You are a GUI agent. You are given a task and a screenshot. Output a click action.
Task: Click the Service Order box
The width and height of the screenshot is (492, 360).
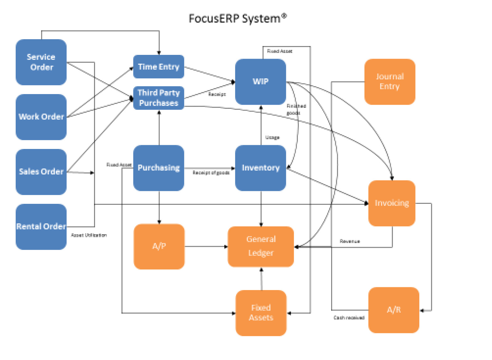[x=41, y=62]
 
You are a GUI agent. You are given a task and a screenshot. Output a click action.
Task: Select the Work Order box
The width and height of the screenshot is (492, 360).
[x=41, y=117]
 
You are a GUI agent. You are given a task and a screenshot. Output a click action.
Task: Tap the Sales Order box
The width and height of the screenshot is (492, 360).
[x=41, y=172]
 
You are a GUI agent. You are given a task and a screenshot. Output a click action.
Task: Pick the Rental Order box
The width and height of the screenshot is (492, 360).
[x=41, y=226]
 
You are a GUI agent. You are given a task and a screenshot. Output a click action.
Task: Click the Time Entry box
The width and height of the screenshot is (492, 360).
[x=159, y=66]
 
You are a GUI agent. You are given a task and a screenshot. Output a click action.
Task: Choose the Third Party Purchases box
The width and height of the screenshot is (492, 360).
[x=159, y=98]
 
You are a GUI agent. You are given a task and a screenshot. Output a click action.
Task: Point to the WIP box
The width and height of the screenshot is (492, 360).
[x=261, y=82]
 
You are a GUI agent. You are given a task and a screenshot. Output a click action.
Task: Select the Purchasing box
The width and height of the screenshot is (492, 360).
[x=159, y=168]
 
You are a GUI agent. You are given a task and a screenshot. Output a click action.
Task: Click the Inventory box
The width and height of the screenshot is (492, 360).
[x=261, y=168]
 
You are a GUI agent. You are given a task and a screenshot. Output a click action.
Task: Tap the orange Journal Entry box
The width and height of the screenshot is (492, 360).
[x=390, y=82]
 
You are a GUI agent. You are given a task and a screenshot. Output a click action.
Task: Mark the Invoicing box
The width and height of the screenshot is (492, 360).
[x=392, y=203]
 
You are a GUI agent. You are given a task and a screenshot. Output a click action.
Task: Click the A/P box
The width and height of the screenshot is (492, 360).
[x=159, y=246]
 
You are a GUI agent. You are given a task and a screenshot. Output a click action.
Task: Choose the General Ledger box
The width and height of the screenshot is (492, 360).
[x=261, y=246]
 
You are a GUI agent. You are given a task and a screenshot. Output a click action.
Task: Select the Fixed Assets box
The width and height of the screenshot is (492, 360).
[x=261, y=313]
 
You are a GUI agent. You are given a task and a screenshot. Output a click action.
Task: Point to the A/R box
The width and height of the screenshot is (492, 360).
[x=394, y=310]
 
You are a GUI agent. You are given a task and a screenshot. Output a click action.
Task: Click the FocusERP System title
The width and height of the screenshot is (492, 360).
[x=237, y=18]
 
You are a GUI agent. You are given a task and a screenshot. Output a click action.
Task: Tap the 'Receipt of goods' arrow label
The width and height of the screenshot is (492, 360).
[x=211, y=173]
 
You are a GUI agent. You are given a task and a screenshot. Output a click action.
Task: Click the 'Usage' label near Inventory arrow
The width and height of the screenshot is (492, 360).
[x=272, y=137]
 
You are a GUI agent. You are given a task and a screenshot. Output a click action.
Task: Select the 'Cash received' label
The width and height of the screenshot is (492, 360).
[x=349, y=318]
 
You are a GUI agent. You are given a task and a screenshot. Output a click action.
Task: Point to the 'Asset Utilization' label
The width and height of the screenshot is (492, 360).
[x=89, y=235]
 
